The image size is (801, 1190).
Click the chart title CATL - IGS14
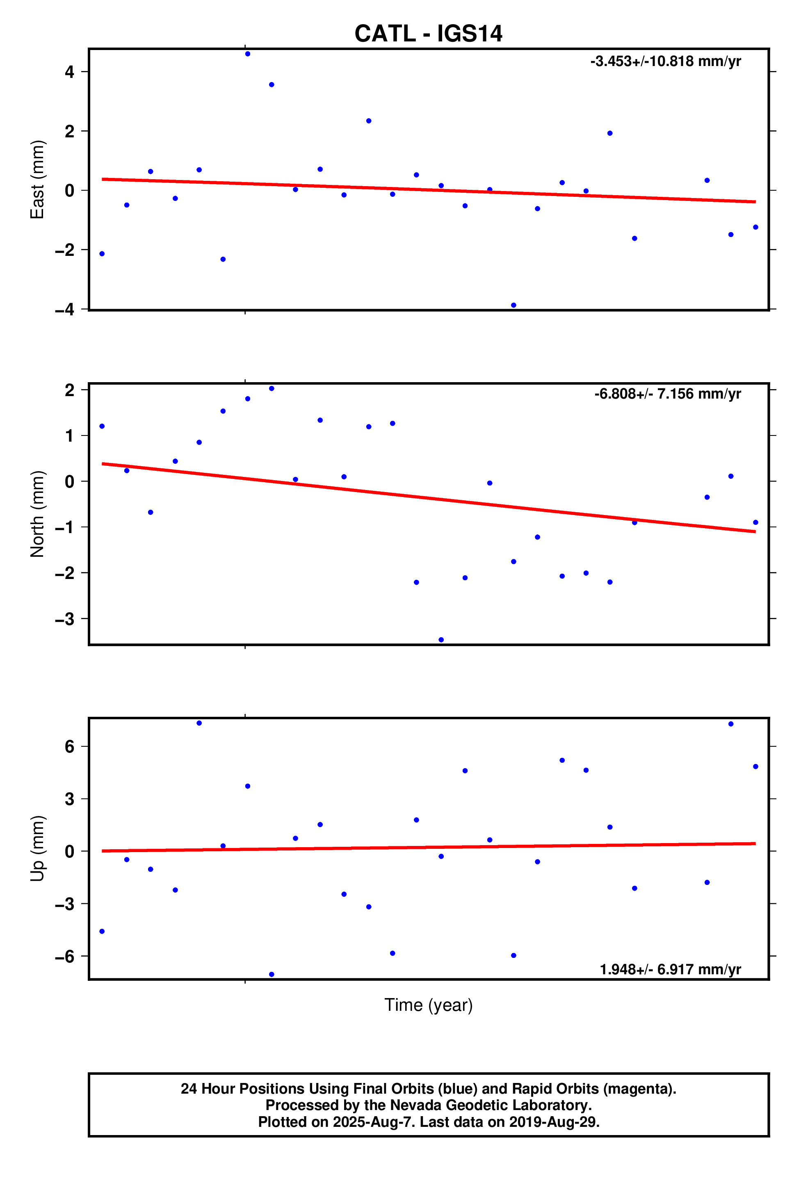tap(428, 34)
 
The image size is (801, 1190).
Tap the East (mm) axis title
tap(37, 179)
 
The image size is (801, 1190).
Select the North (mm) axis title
tap(37, 514)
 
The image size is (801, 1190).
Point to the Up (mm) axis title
tap(37, 848)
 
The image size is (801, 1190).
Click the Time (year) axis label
tap(428, 1005)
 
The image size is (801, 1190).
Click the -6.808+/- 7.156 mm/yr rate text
tap(667, 394)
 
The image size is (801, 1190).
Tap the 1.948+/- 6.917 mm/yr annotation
tap(670, 969)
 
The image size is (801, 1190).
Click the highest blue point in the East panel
tap(248, 54)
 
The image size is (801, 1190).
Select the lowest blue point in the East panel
tap(513, 305)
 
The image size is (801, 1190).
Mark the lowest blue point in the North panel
tap(441, 640)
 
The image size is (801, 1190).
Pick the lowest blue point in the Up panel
tap(271, 974)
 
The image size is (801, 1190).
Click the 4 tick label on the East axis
tap(69, 72)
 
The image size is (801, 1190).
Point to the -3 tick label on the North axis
tap(65, 620)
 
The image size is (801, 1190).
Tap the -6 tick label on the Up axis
tap(65, 956)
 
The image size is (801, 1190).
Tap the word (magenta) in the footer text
tap(639, 1089)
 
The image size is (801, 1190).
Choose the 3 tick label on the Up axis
tap(69, 799)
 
